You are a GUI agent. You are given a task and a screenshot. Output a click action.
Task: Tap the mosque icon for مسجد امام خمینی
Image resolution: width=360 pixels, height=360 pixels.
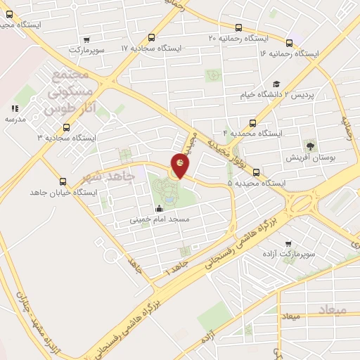159,208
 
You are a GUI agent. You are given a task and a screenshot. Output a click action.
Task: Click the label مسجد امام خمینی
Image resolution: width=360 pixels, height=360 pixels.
159,219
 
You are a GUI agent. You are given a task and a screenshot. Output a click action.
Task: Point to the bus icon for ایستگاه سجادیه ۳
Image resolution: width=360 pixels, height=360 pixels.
66,127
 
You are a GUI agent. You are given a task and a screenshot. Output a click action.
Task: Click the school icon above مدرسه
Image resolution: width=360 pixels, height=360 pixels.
14,108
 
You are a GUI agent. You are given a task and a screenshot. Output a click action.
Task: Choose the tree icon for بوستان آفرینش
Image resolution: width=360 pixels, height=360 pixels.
309,146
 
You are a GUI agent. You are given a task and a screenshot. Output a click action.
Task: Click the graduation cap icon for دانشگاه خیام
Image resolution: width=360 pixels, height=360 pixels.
276,84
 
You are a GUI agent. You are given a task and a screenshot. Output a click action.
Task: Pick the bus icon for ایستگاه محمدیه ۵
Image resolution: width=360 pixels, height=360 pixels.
255,172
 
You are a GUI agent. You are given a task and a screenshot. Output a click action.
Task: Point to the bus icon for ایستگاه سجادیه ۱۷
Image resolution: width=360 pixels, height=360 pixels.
152,38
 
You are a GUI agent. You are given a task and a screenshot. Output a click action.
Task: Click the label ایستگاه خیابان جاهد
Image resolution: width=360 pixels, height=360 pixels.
63,192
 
